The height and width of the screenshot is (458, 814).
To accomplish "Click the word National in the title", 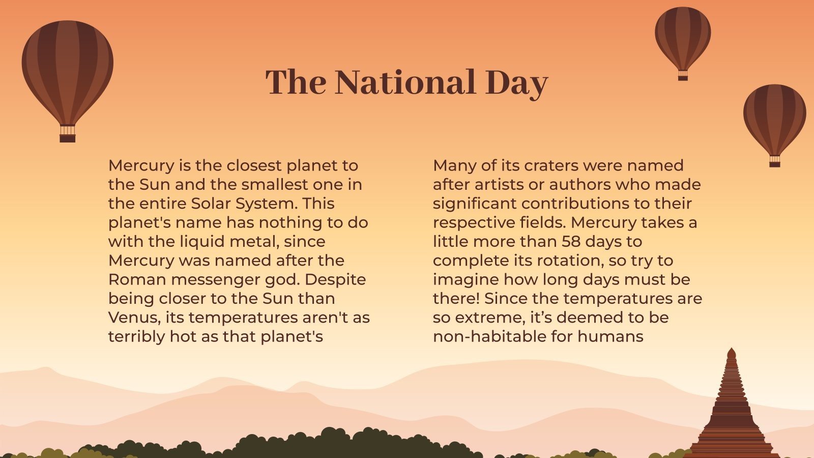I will (405, 82).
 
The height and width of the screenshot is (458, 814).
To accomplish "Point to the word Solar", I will (211, 204).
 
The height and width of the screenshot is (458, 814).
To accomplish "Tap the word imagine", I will (466, 279).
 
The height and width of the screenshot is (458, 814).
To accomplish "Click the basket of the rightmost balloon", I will (774, 161).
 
